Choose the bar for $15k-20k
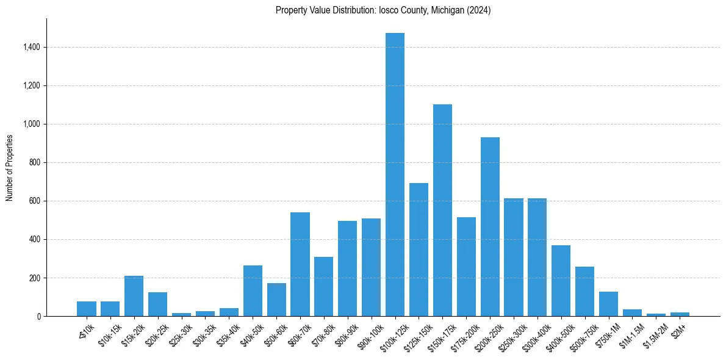pos(134,296)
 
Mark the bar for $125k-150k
pos(419,250)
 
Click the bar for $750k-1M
pos(609,304)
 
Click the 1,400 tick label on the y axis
pos(31,47)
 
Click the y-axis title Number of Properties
pos(10,167)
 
